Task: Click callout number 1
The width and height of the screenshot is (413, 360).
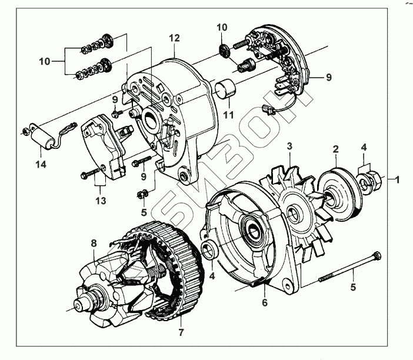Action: (x=397, y=179)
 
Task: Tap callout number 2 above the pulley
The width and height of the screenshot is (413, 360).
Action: (x=335, y=149)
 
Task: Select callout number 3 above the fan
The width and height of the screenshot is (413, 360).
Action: (x=290, y=145)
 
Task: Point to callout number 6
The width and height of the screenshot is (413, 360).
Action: (x=264, y=303)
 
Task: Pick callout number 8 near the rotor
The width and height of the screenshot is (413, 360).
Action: (x=94, y=243)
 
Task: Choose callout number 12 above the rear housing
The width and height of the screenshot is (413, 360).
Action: (x=174, y=38)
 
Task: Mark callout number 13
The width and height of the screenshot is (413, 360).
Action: (x=100, y=201)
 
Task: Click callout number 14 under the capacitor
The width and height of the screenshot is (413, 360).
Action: (x=42, y=165)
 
